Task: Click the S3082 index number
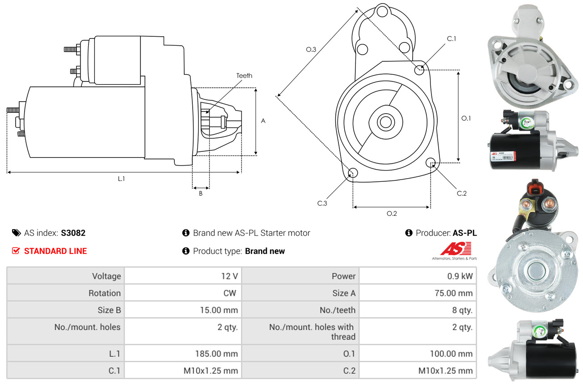coord(73,233)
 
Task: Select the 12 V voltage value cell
coord(229,276)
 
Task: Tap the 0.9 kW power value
coord(460,276)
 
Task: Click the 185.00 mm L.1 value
coord(216,354)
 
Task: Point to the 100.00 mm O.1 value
coord(451,354)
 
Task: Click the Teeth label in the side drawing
coord(244,76)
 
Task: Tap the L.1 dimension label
coord(121,179)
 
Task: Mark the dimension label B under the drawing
coord(201,193)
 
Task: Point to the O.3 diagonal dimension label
coord(311,50)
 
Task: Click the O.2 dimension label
coord(392,214)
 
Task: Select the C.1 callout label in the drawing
coord(452,38)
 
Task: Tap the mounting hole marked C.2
coord(431,162)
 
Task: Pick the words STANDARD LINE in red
coord(55,251)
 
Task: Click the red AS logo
coord(456,248)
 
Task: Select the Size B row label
coord(109,310)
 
